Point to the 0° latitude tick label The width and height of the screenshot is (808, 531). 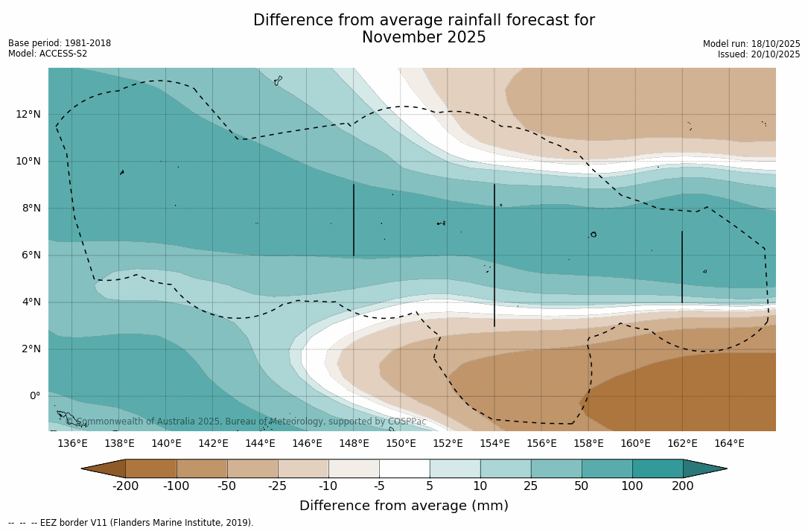pyautogui.click(x=34, y=395)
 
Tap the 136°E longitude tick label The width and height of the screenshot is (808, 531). pyautogui.click(x=72, y=443)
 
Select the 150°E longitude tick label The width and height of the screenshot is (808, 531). pyautogui.click(x=401, y=443)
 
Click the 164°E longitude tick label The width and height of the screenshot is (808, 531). pyautogui.click(x=729, y=443)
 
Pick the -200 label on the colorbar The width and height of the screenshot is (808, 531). pyautogui.click(x=125, y=486)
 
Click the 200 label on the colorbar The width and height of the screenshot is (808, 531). pyautogui.click(x=683, y=486)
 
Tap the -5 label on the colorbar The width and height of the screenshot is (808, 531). pyautogui.click(x=379, y=486)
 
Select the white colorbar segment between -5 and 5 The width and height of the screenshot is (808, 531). pyautogui.click(x=404, y=468)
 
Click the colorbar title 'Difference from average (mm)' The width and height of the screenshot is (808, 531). pyautogui.click(x=404, y=506)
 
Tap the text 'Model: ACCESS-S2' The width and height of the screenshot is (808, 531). pyautogui.click(x=48, y=54)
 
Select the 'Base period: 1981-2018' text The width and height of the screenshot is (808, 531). pyautogui.click(x=60, y=43)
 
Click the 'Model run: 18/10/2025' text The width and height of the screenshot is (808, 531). pyautogui.click(x=751, y=44)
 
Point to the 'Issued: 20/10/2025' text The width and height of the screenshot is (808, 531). pyautogui.click(x=759, y=54)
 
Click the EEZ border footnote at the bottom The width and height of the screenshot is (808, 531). pyautogui.click(x=131, y=523)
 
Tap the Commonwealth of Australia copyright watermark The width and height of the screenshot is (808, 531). pyautogui.click(x=246, y=422)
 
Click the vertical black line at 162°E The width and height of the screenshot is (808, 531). pyautogui.click(x=682, y=267)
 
